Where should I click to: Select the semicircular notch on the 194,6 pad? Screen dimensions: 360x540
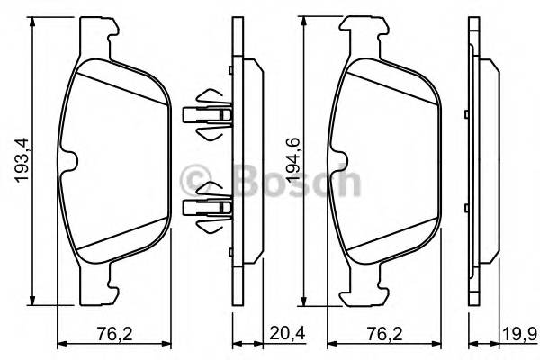coord(341,161)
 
